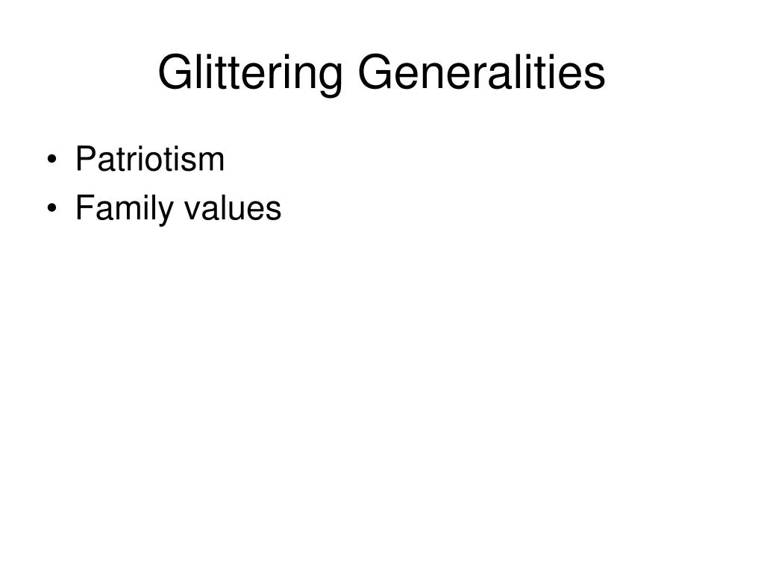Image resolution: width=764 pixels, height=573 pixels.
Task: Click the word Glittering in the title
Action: [x=251, y=73]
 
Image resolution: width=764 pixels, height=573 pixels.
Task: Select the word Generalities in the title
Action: [x=481, y=73]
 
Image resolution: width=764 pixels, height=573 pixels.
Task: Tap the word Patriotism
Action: [x=149, y=159]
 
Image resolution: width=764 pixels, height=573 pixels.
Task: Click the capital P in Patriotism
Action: [x=85, y=159]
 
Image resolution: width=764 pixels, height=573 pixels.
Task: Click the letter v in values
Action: [x=190, y=211]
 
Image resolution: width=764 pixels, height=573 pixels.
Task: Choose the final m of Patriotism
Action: [x=212, y=162]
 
